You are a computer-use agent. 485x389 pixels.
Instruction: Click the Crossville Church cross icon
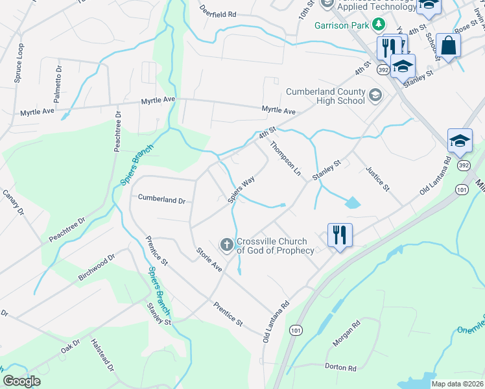click(x=227, y=244)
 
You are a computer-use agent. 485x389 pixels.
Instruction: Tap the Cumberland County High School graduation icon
click(x=374, y=96)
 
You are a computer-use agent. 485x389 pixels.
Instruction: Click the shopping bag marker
click(x=448, y=45)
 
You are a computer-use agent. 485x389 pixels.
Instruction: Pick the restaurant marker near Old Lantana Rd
click(x=340, y=234)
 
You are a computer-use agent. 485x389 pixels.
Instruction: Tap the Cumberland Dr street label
click(x=161, y=200)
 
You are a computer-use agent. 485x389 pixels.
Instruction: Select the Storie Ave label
click(x=209, y=259)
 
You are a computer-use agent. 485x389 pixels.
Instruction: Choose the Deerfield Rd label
click(x=219, y=13)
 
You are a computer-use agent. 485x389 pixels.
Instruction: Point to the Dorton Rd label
click(x=343, y=368)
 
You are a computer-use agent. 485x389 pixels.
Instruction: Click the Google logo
click(x=22, y=381)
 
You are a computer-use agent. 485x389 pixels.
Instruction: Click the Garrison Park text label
click(x=342, y=26)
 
